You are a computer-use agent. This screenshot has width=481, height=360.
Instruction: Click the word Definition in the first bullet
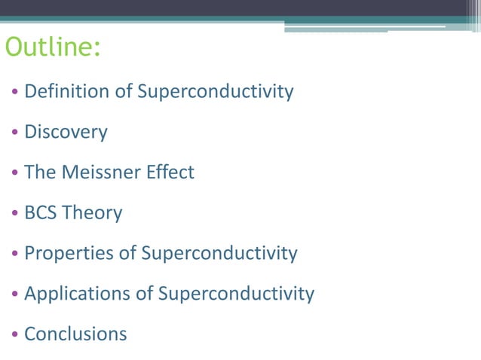(x=68, y=92)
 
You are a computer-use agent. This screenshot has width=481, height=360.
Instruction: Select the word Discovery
(x=66, y=133)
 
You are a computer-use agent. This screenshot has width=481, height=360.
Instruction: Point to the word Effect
(x=170, y=172)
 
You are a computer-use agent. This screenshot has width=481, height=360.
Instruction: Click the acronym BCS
(x=41, y=213)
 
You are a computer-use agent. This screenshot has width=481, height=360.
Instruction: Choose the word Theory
(x=93, y=213)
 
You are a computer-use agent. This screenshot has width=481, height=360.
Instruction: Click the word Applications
(x=78, y=294)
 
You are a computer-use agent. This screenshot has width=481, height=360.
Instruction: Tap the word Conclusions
(x=75, y=334)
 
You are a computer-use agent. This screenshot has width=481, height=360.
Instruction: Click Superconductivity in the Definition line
(x=215, y=92)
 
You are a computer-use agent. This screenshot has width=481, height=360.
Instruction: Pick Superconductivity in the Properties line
(x=219, y=253)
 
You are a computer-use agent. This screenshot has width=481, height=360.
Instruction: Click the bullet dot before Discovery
(x=15, y=133)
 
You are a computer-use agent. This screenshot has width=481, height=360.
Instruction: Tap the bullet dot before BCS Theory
(x=15, y=214)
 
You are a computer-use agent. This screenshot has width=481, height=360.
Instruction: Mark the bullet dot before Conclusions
(x=15, y=334)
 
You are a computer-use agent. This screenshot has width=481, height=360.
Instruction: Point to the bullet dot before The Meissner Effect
(x=15, y=173)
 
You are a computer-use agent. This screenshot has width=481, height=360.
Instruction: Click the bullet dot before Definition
(x=15, y=93)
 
